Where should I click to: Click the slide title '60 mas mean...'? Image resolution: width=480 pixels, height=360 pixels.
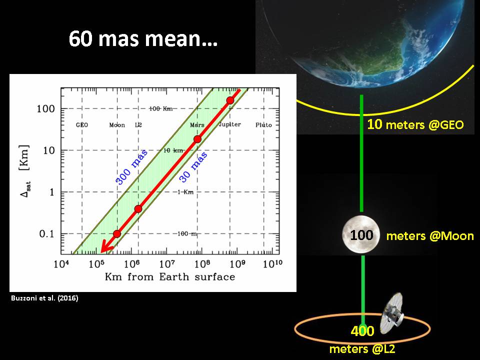143,39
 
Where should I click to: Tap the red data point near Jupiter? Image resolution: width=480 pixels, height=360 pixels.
230,100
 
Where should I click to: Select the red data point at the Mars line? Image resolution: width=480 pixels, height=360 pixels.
197,139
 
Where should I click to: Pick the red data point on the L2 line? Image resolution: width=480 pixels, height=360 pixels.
138,209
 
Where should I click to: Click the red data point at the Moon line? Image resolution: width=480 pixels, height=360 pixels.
116,234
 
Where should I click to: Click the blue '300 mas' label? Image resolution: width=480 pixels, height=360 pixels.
131,167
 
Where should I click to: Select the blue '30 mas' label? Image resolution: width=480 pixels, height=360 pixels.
193,167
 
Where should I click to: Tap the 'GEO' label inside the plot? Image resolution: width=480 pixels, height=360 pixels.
81,125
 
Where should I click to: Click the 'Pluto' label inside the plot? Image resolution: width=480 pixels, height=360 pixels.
263,125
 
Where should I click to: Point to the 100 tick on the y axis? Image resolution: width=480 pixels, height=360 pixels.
45,108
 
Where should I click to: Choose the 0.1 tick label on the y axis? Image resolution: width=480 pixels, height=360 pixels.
46,234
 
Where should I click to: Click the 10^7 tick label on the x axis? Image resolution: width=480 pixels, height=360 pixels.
167,263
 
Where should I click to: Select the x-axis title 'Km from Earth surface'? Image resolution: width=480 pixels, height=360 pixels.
170,276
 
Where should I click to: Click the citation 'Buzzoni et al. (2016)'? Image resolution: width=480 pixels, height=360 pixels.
44,298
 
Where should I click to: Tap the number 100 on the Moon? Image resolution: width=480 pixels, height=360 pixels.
361,235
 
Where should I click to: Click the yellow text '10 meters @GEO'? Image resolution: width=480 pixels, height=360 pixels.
415,124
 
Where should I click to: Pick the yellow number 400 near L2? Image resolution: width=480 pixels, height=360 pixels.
362,331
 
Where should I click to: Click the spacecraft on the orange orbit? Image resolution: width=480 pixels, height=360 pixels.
391,313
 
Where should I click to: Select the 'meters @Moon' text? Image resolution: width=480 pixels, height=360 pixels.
430,235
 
